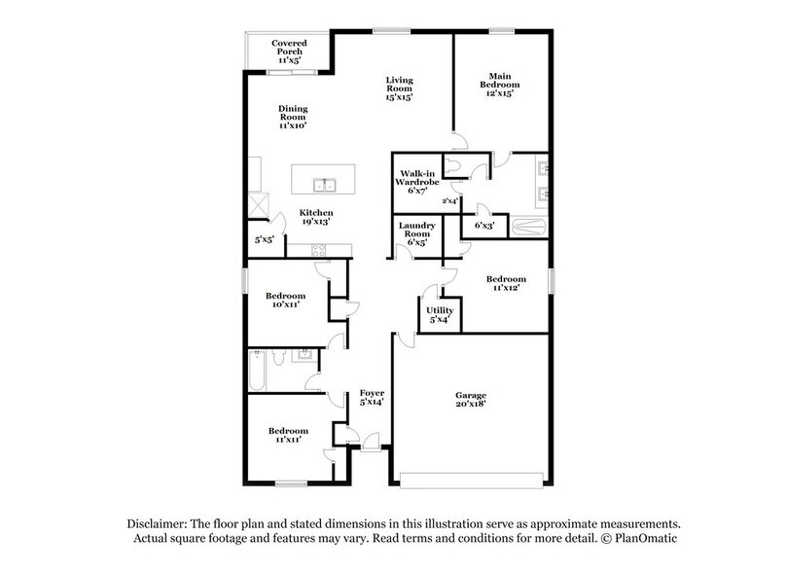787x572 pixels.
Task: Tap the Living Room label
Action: [399, 89]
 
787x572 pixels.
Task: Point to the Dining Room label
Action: [293, 117]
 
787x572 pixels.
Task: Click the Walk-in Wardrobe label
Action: [417, 182]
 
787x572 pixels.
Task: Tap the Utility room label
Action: [441, 315]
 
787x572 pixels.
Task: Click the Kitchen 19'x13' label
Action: [316, 218]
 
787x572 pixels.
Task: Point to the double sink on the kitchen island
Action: [324, 184]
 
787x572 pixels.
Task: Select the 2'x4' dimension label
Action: [450, 201]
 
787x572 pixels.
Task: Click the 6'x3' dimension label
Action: [484, 226]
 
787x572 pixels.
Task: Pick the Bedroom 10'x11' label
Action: [286, 301]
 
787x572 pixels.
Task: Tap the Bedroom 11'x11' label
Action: [289, 435]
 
